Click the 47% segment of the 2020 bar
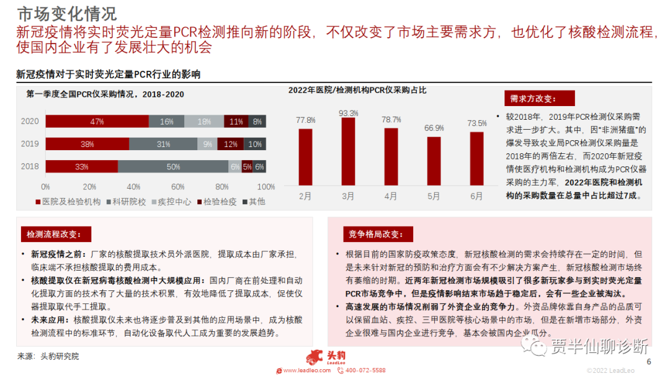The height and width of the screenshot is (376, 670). tap(97, 122)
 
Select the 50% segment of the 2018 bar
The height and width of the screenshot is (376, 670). tap(173, 166)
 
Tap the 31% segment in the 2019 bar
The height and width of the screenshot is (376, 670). tap(163, 144)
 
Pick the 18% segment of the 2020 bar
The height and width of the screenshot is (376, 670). tap(204, 122)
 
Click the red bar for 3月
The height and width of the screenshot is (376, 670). tap(349, 151)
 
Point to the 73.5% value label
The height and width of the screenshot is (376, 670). tap(476, 123)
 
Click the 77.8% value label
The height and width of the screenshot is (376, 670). tap(305, 120)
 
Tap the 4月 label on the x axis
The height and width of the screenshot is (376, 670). tap(391, 197)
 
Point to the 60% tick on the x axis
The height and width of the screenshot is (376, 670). tap(178, 187)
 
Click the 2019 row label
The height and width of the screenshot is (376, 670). tap(30, 144)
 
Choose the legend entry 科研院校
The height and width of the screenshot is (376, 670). tap(128, 202)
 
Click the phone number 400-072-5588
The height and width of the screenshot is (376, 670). tap(365, 370)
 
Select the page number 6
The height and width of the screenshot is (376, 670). tap(649, 362)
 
